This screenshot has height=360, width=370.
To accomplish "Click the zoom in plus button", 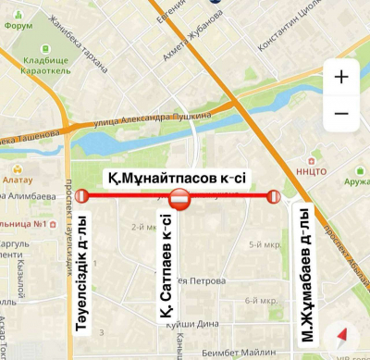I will pos(341,77).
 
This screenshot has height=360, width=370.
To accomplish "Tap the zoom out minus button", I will pos(341,113).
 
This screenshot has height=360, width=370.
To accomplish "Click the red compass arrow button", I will pos(342,334).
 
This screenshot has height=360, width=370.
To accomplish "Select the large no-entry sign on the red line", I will pos(181,197).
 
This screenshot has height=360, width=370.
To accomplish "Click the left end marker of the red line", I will pos(81,196).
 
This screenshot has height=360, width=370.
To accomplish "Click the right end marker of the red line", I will pos(273,196).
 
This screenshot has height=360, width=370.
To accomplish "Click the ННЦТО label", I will pos(304,169).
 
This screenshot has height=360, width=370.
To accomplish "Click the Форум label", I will pos(18,26).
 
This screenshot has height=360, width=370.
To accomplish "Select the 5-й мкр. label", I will pos(264,244).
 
